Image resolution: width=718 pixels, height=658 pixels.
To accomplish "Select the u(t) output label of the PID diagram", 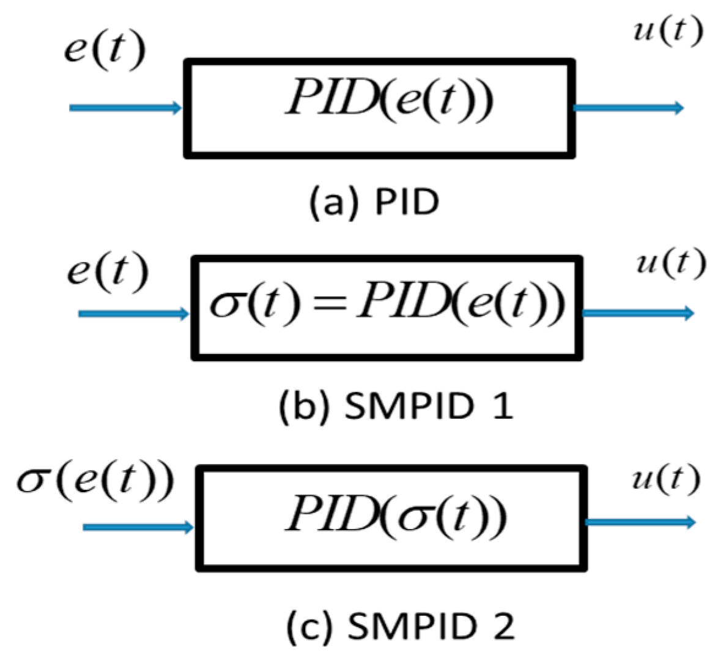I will click(667, 31).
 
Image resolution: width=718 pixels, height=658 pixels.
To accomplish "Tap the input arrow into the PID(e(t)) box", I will click(126, 108).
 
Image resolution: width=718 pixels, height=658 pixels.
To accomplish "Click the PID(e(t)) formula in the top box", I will click(389, 100).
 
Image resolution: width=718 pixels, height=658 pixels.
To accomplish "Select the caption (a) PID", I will click(374, 202).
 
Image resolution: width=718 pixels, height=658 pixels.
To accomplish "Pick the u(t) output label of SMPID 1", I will click(670, 263).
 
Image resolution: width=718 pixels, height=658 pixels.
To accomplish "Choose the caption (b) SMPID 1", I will click(395, 407).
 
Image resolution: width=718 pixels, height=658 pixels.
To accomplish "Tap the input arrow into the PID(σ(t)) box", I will click(138, 527).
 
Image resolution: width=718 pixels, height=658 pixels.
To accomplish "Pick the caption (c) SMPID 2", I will click(400, 626).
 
